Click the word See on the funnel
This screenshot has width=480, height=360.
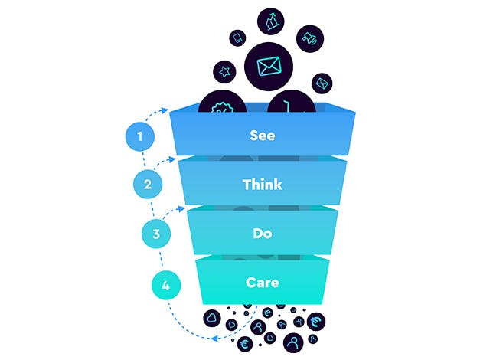[263, 136]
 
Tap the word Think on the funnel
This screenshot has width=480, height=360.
[263, 185]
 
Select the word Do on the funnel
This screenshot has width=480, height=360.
[263, 234]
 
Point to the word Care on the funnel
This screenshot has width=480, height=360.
[263, 283]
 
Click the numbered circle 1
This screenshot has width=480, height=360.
[140, 136]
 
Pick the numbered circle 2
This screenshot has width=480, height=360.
[148, 184]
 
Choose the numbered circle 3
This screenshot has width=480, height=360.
[156, 234]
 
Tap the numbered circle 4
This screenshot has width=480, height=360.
[166, 286]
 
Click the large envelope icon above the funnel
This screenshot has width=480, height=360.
[269, 67]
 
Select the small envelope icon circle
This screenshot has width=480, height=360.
[322, 83]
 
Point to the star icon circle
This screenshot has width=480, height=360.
[225, 72]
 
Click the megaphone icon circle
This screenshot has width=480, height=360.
[310, 38]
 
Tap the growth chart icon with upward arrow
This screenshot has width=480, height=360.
[270, 21]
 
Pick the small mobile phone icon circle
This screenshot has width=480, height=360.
[237, 38]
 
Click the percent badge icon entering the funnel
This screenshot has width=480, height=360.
[222, 103]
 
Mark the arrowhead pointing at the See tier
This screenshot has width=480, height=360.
[165, 110]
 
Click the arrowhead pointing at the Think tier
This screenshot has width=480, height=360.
[172, 159]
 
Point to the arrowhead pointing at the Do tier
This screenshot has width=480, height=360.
[181, 208]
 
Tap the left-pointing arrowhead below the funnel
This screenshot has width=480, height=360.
[215, 339]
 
